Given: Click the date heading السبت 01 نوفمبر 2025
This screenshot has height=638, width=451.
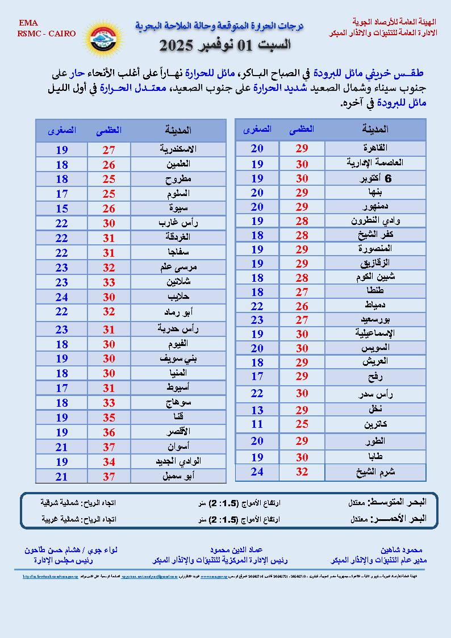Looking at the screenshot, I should [224, 44].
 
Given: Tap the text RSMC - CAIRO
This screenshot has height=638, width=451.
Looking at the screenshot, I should [46, 34].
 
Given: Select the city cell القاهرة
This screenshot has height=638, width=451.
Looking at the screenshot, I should [374, 148].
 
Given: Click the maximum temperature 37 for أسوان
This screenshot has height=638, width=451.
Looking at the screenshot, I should [108, 447].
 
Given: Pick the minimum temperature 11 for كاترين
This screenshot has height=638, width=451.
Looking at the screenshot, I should [257, 424].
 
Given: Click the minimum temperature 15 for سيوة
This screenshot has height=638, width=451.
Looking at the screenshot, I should [61, 209].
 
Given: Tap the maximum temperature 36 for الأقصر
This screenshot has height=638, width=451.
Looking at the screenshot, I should [108, 432].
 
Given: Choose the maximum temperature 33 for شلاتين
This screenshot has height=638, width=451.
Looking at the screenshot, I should [108, 282].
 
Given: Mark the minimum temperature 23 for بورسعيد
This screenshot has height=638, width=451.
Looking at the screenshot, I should [257, 320].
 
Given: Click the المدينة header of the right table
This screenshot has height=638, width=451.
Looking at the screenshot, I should [375, 130].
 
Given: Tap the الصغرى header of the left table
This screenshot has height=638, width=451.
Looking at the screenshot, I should [62, 130].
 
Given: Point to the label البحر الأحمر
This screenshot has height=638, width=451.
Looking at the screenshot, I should [397, 519].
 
